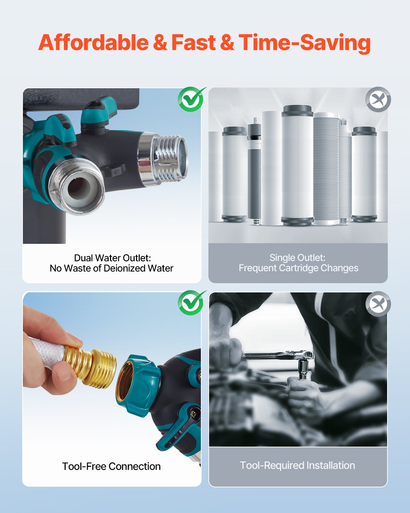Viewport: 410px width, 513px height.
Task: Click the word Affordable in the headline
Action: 93,43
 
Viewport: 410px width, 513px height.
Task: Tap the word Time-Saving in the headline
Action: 304,43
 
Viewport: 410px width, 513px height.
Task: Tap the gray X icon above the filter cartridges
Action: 378,100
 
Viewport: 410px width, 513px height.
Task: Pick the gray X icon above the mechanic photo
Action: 378,304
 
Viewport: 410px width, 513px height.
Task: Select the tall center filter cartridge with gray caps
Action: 297,166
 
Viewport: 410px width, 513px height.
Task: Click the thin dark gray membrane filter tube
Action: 254,171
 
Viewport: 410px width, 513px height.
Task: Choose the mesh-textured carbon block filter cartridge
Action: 326,169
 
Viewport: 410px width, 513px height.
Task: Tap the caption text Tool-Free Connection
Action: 111,466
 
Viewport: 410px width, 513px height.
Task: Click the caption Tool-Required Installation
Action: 297,465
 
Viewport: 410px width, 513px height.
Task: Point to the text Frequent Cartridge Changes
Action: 298,268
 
